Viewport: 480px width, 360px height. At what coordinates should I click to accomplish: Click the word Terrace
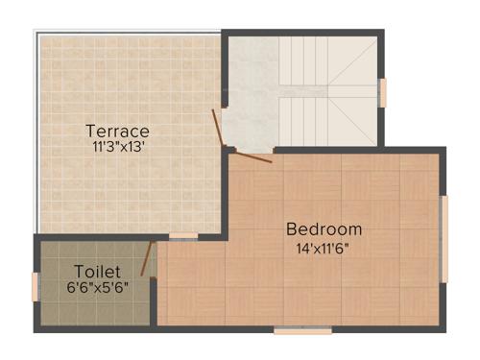pos(117,130)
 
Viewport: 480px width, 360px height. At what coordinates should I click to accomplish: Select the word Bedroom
pos(324,228)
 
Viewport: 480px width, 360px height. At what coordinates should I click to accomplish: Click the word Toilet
pos(96,271)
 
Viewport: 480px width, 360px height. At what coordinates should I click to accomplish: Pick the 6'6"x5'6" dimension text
pos(97,287)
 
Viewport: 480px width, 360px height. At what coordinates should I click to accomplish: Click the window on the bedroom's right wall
pos(444,238)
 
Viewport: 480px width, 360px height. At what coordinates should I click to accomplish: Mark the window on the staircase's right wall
pos(383,92)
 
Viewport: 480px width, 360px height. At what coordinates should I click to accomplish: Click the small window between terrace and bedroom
pos(183,235)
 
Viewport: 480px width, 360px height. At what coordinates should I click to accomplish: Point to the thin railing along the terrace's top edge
pos(130,32)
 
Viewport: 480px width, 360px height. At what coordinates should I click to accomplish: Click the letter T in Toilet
pos(79,271)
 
